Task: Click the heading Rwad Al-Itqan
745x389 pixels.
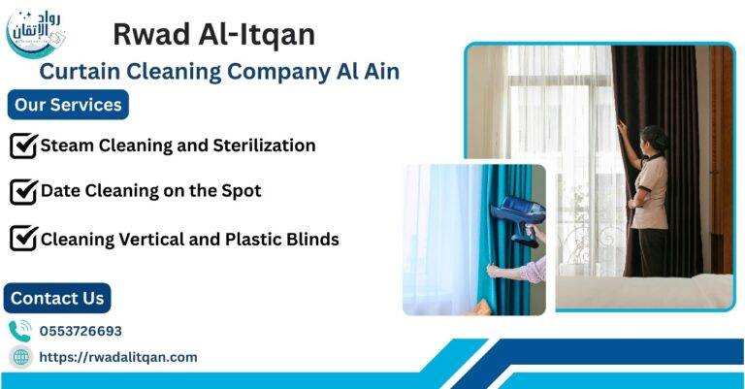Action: tap(213, 34)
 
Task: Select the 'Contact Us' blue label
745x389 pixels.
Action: tap(57, 298)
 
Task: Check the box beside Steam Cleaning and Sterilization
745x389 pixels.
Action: tap(22, 146)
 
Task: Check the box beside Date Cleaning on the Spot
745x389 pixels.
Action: tap(22, 191)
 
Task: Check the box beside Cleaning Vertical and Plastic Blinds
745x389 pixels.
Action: tap(22, 238)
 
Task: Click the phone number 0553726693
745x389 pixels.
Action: tap(81, 331)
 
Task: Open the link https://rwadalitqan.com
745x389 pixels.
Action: tap(117, 357)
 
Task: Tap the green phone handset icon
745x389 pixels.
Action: tap(20, 331)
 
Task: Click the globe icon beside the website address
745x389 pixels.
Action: tap(20, 357)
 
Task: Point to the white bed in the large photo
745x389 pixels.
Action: tap(669, 291)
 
